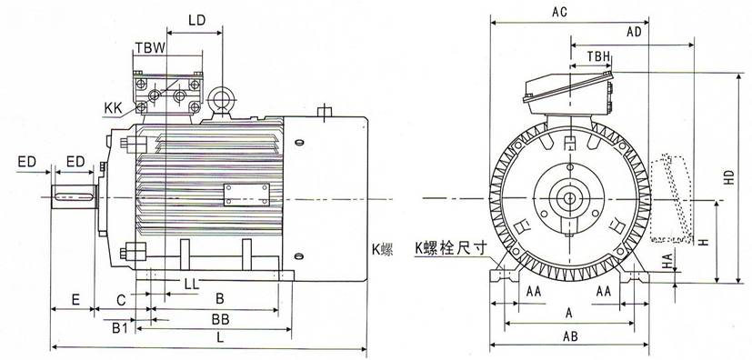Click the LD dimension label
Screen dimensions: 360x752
[196, 19]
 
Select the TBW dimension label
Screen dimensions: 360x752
[149, 47]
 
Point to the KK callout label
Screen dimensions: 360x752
[114, 108]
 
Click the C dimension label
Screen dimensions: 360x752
[120, 298]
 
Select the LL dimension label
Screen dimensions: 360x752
[192, 285]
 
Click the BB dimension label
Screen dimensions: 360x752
[219, 320]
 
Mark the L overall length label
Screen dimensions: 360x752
[220, 337]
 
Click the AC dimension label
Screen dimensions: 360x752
[561, 12]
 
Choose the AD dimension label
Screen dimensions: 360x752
[635, 31]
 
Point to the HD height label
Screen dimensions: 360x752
[727, 180]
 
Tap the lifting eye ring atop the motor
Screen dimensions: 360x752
[221, 99]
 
